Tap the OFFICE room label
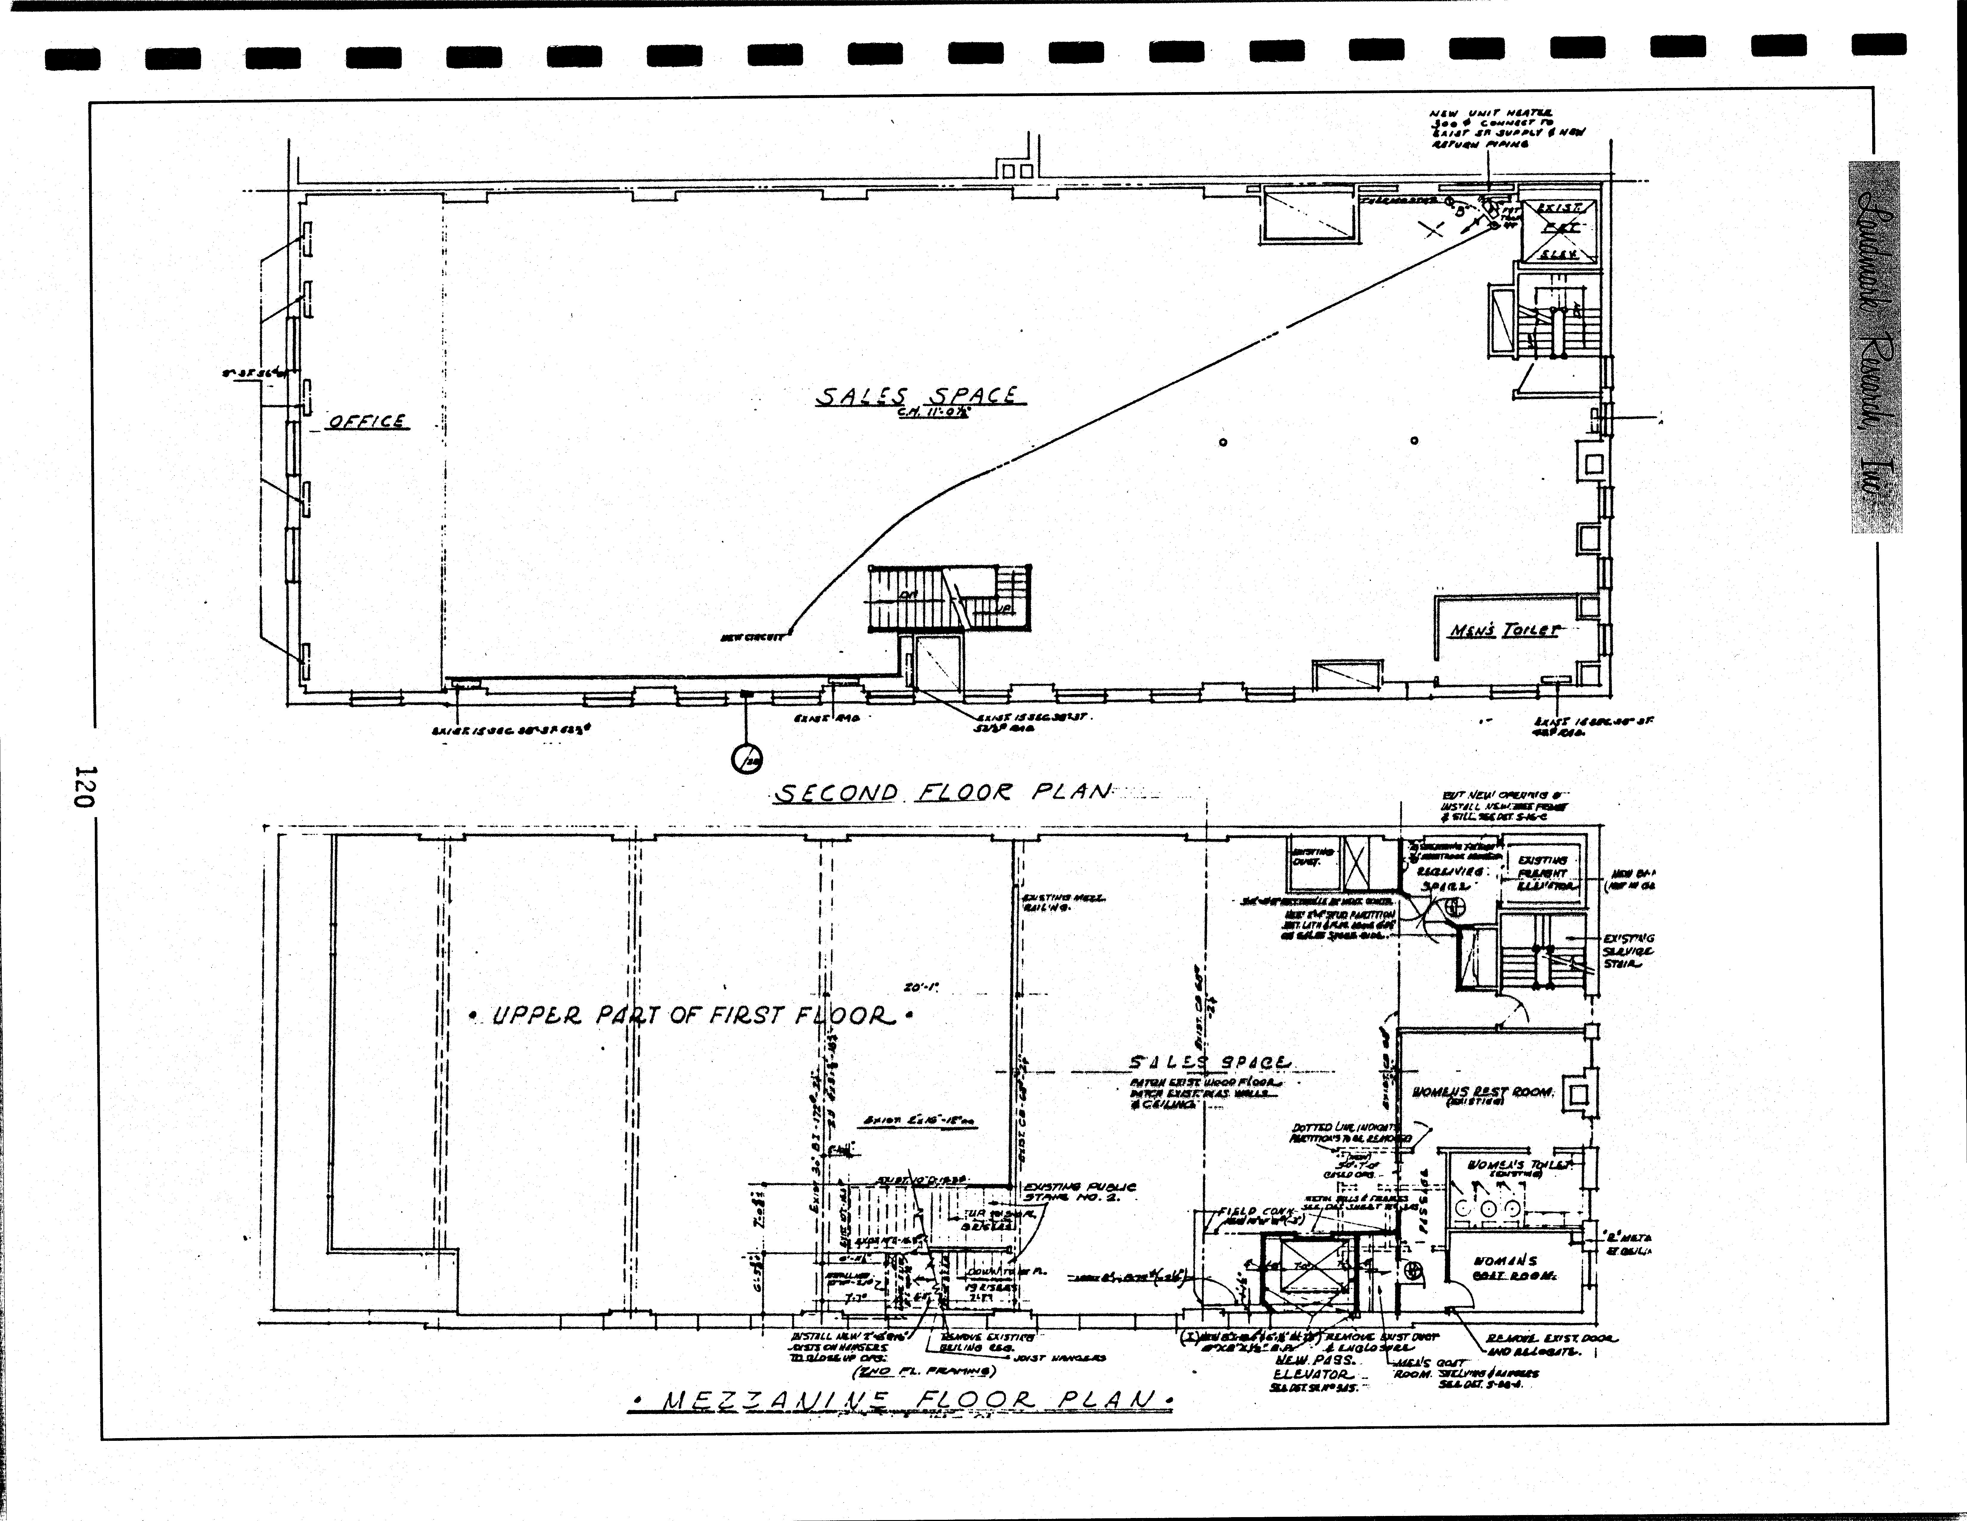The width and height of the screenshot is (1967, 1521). click(367, 421)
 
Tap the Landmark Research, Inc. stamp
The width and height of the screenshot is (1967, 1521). click(1876, 347)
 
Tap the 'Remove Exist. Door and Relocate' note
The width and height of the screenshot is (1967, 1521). click(1551, 1345)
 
